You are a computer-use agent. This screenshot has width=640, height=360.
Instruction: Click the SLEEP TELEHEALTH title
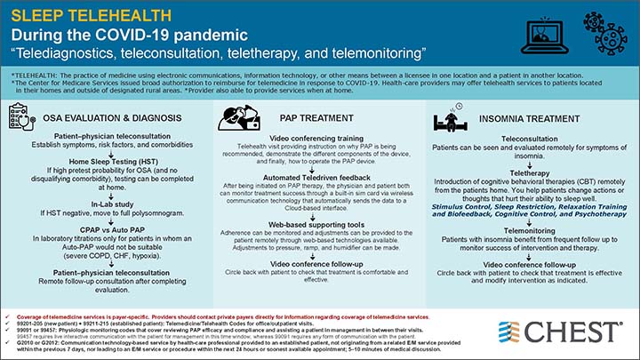[84, 15]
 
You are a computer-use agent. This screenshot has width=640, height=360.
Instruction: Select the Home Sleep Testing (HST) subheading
[110, 159]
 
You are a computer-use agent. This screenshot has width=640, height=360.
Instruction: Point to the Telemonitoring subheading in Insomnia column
[530, 229]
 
